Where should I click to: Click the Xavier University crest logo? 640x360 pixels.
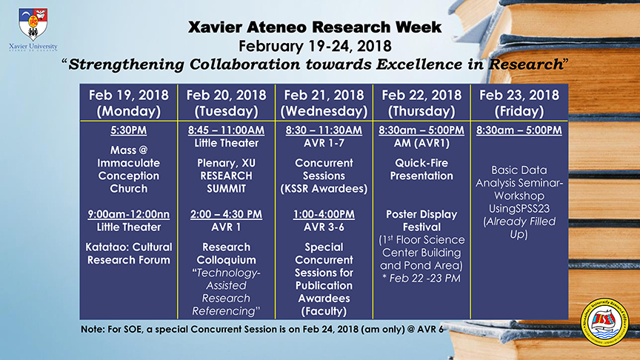(x=33, y=24)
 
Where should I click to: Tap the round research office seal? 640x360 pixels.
(x=605, y=322)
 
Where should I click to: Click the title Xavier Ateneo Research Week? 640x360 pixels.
(x=315, y=27)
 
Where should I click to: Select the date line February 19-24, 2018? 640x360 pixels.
(x=315, y=46)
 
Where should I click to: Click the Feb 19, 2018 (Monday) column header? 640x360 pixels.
(x=129, y=103)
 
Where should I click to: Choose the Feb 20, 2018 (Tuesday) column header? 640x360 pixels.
(x=226, y=103)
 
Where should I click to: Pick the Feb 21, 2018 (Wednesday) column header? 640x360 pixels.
(x=324, y=103)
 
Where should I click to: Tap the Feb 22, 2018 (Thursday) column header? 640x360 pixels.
(x=421, y=103)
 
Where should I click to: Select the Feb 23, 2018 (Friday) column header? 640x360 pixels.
(x=519, y=103)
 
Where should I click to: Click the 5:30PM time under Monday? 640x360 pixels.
(x=129, y=130)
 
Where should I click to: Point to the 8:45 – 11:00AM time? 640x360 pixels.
(x=226, y=130)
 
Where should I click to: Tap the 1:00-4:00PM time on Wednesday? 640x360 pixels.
(x=324, y=214)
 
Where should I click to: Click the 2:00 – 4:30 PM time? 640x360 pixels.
(x=226, y=214)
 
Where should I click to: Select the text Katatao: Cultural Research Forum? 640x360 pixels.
(x=129, y=253)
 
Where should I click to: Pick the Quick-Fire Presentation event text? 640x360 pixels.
(x=421, y=170)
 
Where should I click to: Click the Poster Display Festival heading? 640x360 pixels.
(x=421, y=221)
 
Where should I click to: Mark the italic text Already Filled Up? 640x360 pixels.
(x=519, y=227)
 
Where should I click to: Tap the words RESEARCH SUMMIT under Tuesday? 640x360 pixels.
(x=226, y=182)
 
